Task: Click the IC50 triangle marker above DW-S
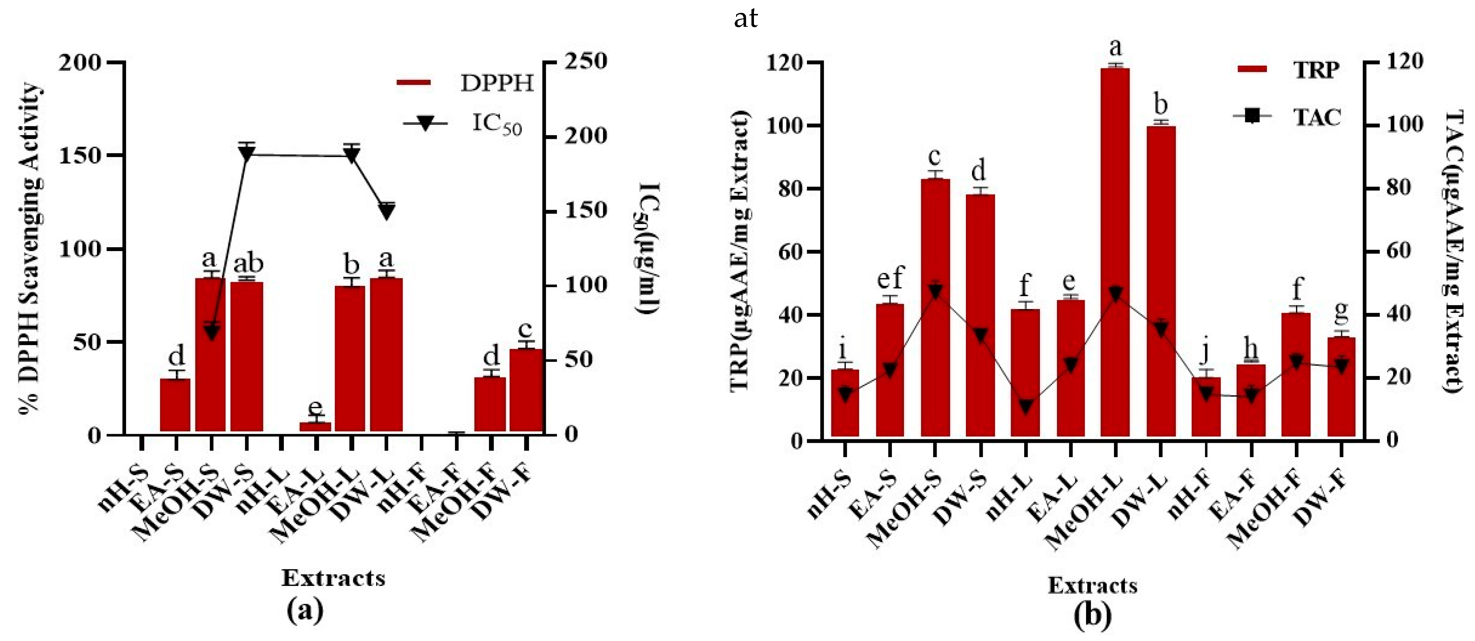click(x=247, y=153)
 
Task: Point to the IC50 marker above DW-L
click(x=386, y=211)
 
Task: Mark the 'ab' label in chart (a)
click(x=248, y=264)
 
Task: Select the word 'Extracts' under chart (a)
click(x=333, y=578)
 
